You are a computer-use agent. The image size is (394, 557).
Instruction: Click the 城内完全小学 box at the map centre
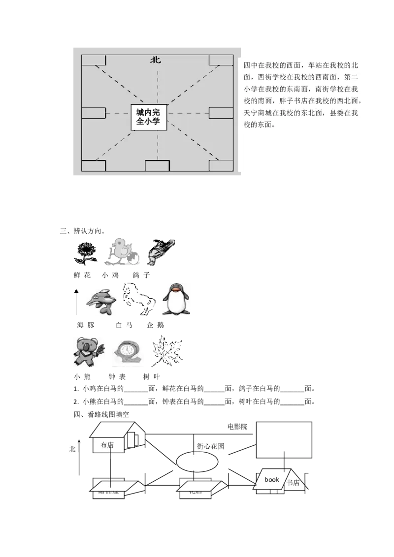(x=149, y=117)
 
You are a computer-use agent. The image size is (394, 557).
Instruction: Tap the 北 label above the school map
(x=156, y=60)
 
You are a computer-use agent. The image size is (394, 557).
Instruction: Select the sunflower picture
(x=85, y=253)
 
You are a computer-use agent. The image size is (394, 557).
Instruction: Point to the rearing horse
(x=139, y=298)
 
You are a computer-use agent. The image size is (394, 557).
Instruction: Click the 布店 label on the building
(x=107, y=445)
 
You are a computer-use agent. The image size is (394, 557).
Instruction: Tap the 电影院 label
(x=237, y=427)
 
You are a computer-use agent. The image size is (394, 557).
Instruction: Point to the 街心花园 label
(x=210, y=446)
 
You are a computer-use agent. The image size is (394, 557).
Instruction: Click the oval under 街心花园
(x=197, y=462)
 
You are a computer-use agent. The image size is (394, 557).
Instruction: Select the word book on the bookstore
(x=271, y=479)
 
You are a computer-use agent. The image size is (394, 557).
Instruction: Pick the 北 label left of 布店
(x=72, y=449)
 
